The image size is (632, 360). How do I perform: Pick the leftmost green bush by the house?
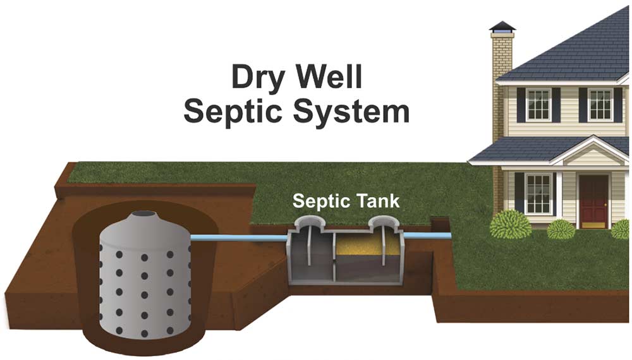(x=508, y=224)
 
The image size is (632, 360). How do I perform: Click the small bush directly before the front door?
(x=561, y=229)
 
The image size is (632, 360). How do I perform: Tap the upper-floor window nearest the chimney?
(x=538, y=104)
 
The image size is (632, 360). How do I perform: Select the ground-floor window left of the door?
(x=538, y=192)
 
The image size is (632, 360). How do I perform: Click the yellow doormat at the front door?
(x=593, y=224)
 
